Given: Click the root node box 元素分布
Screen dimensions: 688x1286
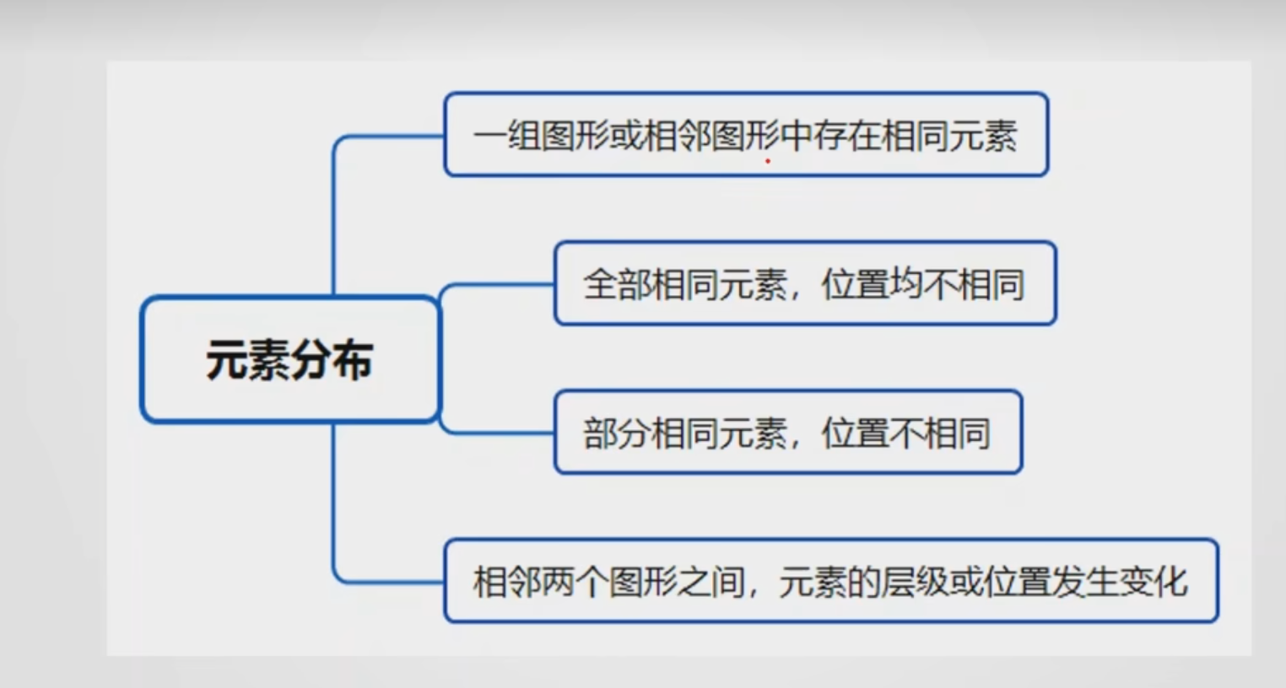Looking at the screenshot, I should point(289,358).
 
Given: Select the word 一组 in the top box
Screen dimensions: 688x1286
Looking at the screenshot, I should point(506,136).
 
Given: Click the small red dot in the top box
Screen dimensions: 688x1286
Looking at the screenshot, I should point(768,160).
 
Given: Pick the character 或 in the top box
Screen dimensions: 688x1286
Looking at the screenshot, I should point(625,136).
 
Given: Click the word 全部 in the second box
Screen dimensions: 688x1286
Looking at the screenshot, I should point(617,284).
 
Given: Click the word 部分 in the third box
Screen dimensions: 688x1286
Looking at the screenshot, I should point(617,433).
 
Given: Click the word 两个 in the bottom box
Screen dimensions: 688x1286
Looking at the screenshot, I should point(574,582).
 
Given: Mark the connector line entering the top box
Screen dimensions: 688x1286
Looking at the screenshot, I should point(388,136).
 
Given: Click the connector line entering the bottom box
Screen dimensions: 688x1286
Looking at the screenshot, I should point(388,582).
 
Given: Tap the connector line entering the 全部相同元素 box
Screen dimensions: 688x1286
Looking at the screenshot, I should point(498,285).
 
